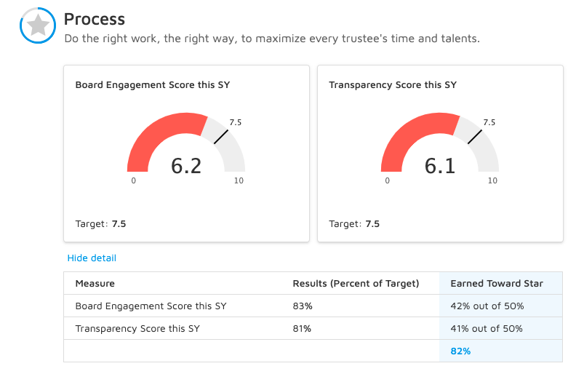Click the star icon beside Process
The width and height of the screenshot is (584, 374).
(37, 26)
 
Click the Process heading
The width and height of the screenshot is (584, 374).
(95, 19)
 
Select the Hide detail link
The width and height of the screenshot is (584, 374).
(92, 258)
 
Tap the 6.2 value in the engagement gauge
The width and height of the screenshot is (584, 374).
(186, 167)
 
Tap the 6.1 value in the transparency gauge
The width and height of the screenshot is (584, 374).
(440, 167)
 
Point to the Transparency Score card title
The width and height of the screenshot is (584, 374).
(393, 85)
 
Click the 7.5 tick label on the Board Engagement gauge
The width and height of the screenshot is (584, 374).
(235, 122)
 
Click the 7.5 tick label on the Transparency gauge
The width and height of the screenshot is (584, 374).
(489, 122)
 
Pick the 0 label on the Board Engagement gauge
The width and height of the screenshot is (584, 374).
(133, 180)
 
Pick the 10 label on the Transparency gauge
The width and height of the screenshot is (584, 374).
(492, 180)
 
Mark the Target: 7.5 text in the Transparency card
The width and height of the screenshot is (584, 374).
(354, 224)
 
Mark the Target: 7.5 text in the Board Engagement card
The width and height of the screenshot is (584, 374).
(100, 224)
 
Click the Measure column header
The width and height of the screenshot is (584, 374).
(95, 283)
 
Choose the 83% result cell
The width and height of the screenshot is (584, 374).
(302, 306)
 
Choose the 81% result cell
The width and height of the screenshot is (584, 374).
(302, 329)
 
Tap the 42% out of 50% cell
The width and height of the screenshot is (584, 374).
(487, 306)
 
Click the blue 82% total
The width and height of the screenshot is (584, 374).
(460, 351)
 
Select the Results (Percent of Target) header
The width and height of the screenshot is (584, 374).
(356, 283)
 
